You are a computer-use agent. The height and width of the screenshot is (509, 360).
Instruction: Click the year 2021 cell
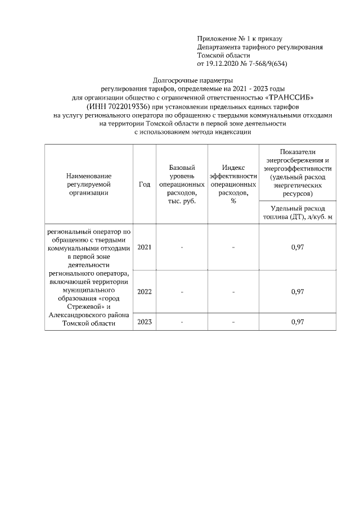click(x=145, y=247)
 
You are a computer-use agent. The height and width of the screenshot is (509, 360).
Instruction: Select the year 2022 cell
click(x=145, y=292)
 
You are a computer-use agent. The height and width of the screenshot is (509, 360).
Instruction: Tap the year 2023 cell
click(x=145, y=322)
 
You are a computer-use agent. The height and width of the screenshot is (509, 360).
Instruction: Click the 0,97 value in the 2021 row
click(x=298, y=247)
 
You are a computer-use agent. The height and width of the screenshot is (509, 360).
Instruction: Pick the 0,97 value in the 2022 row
click(x=298, y=292)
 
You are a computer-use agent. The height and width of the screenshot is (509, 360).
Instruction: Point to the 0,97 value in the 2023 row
click(x=298, y=322)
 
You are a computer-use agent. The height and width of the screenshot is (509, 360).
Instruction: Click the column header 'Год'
click(x=145, y=184)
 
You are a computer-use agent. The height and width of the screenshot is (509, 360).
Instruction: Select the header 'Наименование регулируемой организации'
click(x=88, y=184)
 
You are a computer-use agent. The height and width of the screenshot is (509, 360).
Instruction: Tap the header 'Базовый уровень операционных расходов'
click(x=182, y=184)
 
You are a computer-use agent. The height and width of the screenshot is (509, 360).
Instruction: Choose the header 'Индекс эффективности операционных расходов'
click(x=233, y=184)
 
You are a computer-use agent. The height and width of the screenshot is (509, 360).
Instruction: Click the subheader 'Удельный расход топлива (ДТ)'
click(x=298, y=213)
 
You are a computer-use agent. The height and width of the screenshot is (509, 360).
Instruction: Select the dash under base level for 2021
click(x=182, y=247)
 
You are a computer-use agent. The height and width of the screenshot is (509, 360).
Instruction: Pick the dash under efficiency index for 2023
click(x=233, y=322)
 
